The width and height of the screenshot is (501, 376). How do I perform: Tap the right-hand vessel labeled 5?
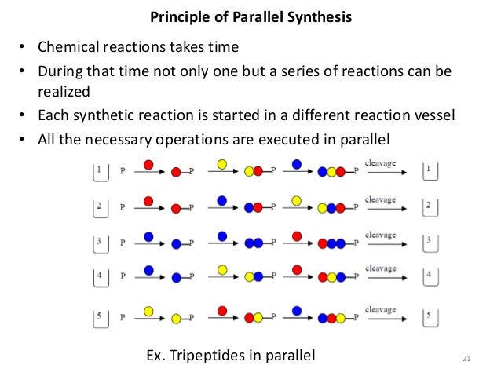point(429,318)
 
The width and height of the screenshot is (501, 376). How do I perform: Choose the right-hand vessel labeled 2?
point(429,208)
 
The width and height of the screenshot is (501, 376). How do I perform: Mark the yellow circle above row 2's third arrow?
point(297,199)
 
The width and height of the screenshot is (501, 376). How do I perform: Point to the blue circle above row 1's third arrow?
point(297,164)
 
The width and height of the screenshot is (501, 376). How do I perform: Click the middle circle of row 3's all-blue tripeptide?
point(333,245)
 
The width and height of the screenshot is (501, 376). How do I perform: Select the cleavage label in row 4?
point(380,268)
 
